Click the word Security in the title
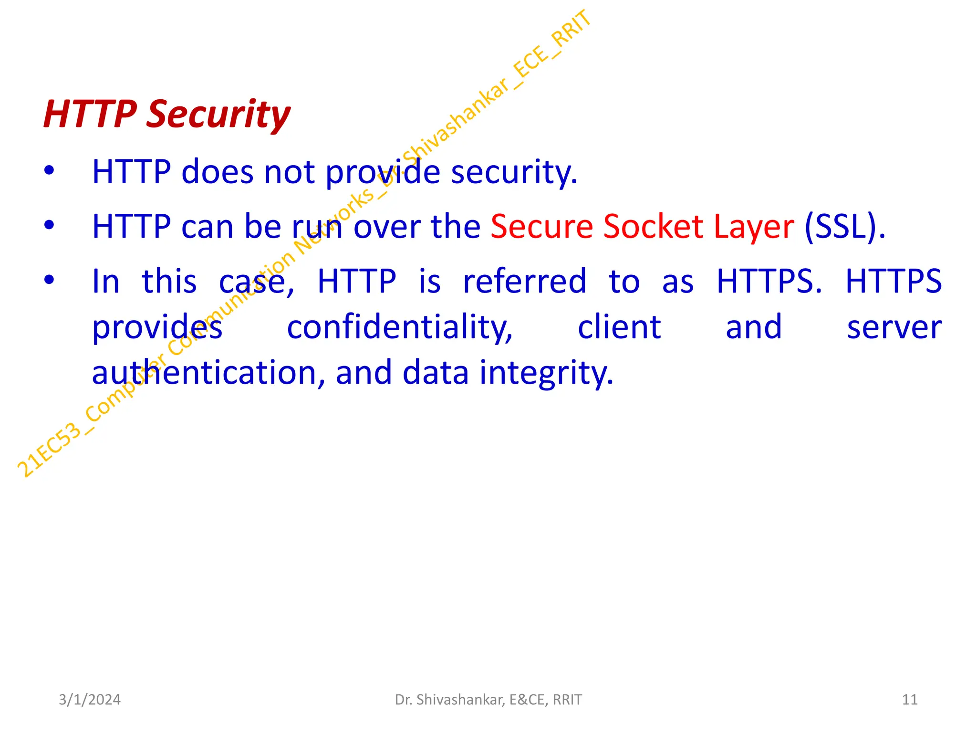point(218,115)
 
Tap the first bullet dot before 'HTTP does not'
point(49,170)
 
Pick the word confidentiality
point(400,328)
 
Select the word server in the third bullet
point(894,328)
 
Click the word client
point(619,327)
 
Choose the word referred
point(525,281)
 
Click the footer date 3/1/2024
point(90,700)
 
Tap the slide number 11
point(910,700)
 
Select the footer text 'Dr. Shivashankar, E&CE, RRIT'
point(488,700)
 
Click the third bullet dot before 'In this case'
point(49,280)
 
